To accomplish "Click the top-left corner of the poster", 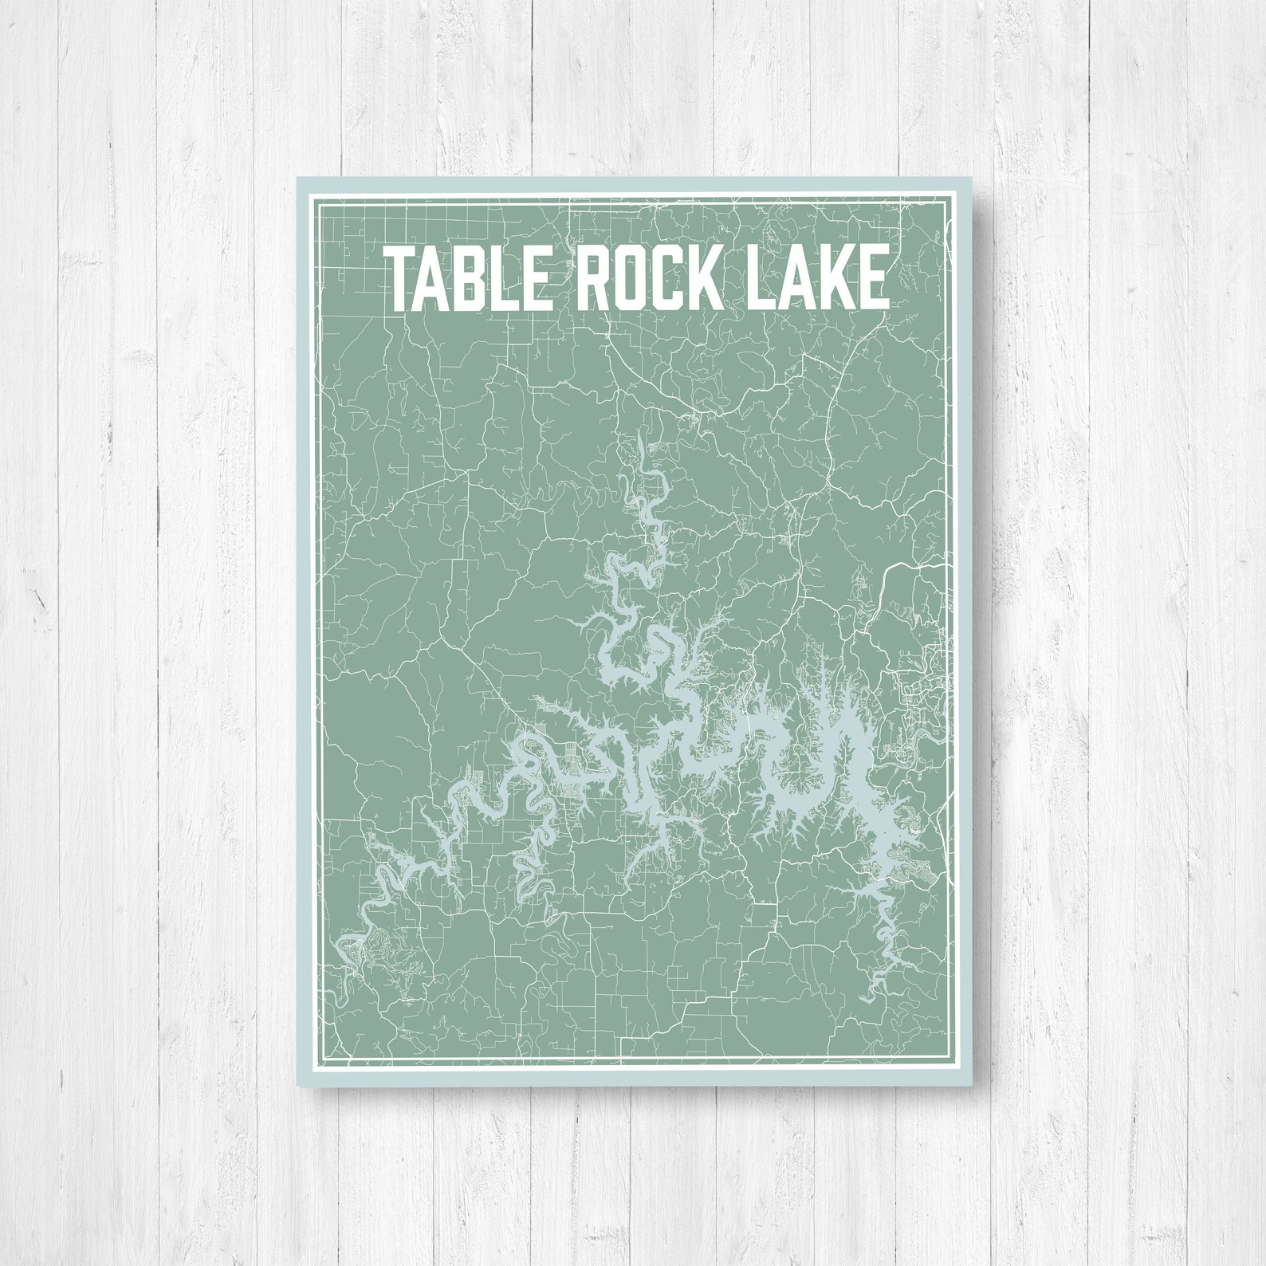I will click(x=297, y=178).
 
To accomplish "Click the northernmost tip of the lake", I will click(x=639, y=435).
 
